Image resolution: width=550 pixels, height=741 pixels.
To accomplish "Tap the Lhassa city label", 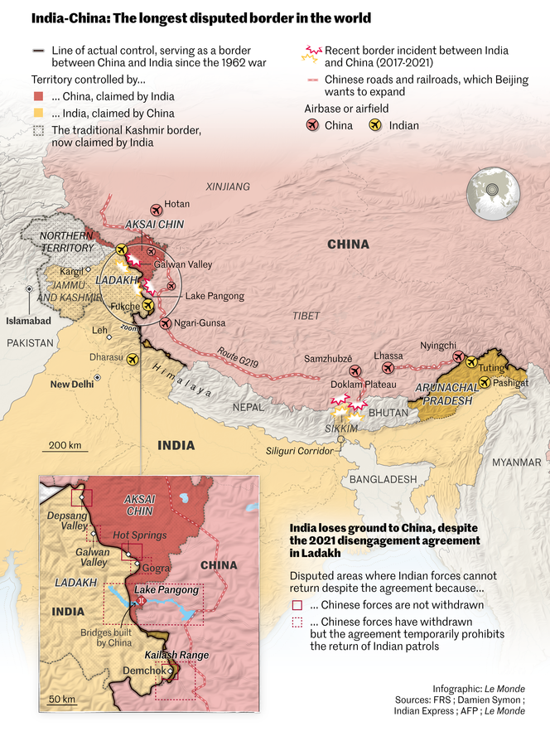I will (x=388, y=356).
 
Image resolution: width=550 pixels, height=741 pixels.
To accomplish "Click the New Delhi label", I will (x=71, y=385).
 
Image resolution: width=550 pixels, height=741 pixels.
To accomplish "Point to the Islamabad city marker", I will (x=29, y=289).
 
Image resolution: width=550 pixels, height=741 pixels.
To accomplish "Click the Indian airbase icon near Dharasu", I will (x=132, y=359).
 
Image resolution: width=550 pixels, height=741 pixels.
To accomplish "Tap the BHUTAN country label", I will (x=388, y=412).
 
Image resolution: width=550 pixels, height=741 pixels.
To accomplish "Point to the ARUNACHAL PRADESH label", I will (x=447, y=394).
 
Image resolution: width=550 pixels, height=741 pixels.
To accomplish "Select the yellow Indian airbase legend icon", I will (x=375, y=125).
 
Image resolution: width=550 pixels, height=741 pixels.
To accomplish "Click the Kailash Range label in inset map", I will (x=183, y=655).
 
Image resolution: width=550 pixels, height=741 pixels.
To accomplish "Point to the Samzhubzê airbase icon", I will (x=355, y=371).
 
